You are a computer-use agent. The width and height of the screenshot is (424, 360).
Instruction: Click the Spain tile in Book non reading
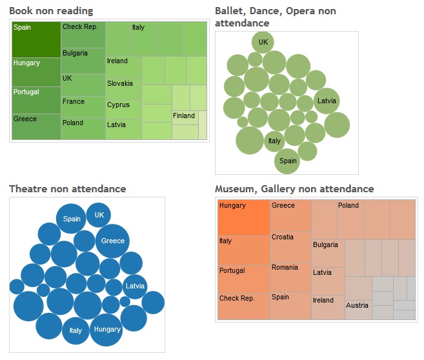(x=36, y=39)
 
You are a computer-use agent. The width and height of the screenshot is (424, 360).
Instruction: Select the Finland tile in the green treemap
(x=185, y=117)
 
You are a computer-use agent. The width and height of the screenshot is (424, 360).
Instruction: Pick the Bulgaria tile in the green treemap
(x=83, y=60)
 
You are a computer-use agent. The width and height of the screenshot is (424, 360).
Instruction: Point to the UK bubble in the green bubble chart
(x=263, y=43)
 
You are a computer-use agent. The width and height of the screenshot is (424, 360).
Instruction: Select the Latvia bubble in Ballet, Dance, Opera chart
(x=327, y=101)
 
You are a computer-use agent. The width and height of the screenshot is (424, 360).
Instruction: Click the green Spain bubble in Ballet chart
(x=288, y=161)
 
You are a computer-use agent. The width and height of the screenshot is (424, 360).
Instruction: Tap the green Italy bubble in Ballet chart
(x=274, y=141)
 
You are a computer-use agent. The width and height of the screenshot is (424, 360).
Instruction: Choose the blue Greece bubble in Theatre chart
(x=113, y=241)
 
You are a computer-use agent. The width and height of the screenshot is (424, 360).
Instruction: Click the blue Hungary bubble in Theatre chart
(x=106, y=329)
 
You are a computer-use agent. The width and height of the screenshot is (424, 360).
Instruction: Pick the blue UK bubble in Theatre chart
(x=99, y=215)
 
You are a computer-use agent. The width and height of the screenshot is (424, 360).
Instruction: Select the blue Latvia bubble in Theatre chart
(x=135, y=286)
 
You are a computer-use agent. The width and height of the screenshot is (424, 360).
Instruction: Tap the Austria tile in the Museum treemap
(x=358, y=306)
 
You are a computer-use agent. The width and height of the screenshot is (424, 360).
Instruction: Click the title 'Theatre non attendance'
(x=67, y=188)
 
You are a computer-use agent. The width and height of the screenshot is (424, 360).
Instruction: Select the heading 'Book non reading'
(x=51, y=11)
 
